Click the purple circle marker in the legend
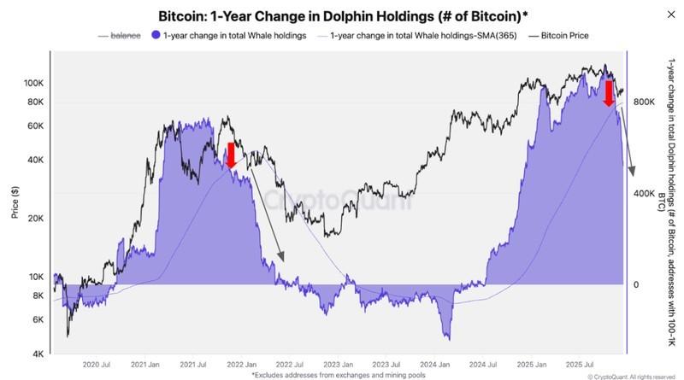(156, 36)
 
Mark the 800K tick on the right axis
(642, 102)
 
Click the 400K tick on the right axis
(642, 193)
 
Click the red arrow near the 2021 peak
(230, 155)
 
